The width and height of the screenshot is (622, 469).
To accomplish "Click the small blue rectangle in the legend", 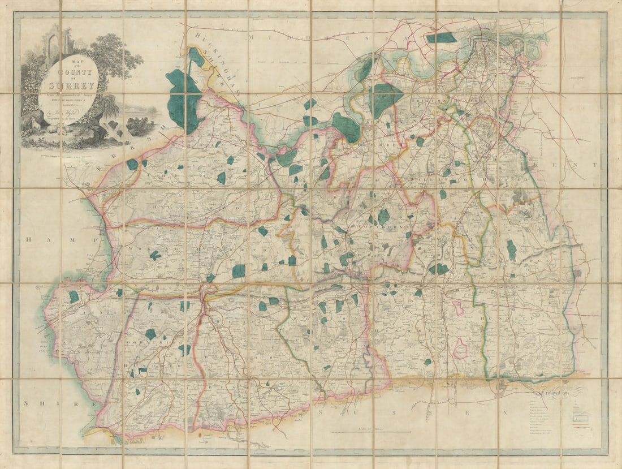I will [x=580, y=418].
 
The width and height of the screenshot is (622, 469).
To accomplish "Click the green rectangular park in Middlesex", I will [x=442, y=38].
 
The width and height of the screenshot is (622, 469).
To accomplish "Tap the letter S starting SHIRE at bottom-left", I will [x=26, y=403].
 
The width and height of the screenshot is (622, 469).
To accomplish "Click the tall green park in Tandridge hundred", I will [x=511, y=249].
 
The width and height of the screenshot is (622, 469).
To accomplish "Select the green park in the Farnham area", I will [x=74, y=296].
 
